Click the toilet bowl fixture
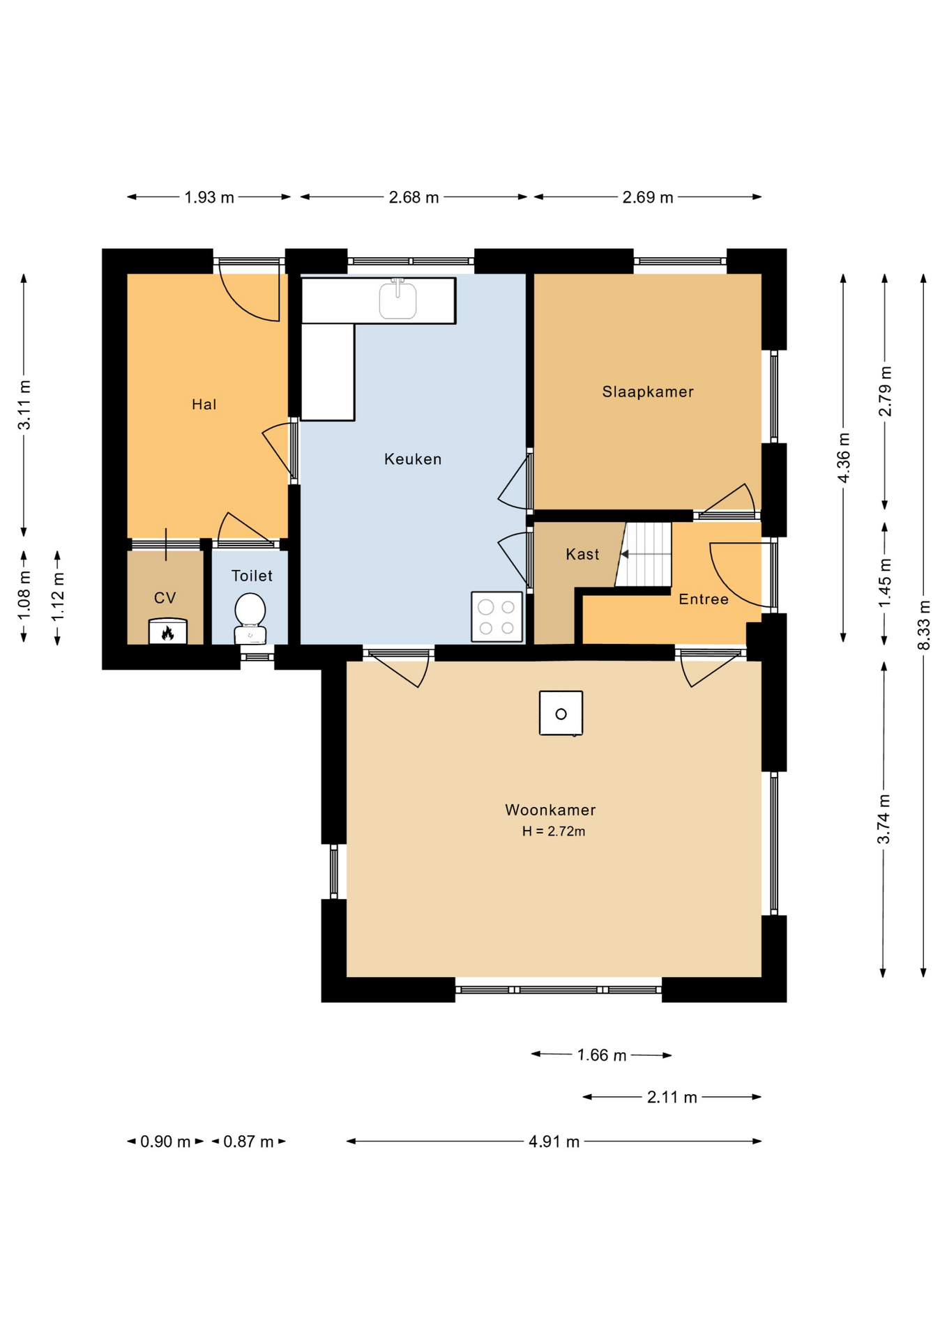tap(250, 619)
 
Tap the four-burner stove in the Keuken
tap(497, 617)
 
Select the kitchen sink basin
tap(397, 299)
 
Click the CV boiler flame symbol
tap(167, 631)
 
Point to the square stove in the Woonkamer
tap(561, 713)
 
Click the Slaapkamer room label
tap(648, 392)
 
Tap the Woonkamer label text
tap(550, 810)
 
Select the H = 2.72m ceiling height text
tap(554, 831)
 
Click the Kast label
tap(582, 554)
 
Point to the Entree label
tap(704, 599)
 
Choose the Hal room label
tap(204, 404)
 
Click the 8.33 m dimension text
tap(924, 625)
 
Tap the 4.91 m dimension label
tap(554, 1141)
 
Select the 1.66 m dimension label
tap(602, 1055)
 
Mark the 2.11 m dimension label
tap(672, 1098)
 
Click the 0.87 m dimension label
tap(248, 1141)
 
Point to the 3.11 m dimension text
tap(24, 405)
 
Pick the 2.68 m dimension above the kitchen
tap(414, 197)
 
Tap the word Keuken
tap(413, 459)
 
